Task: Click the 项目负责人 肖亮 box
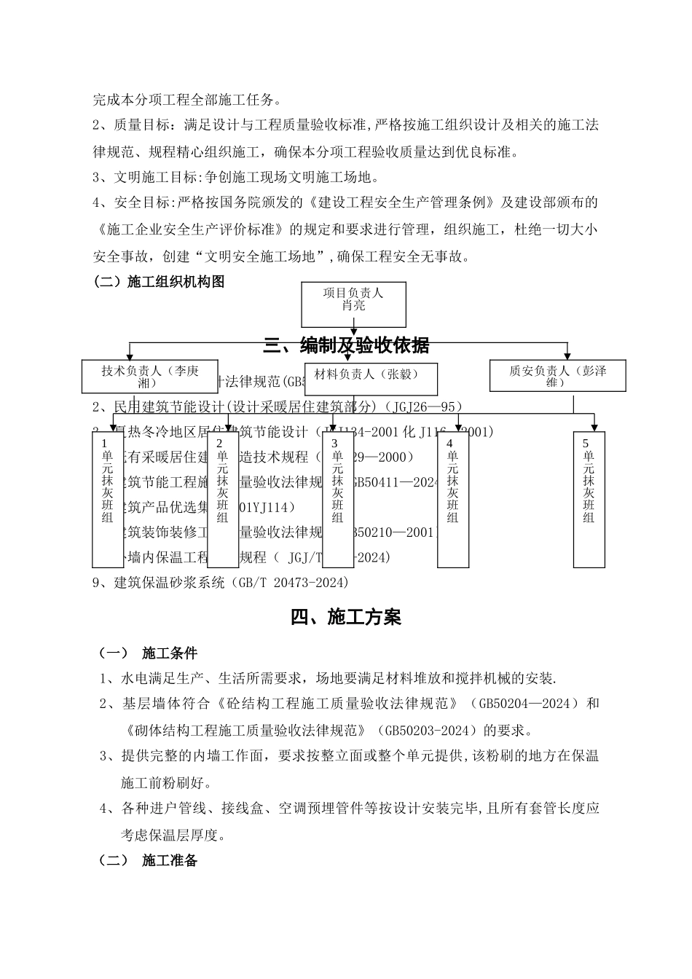353,304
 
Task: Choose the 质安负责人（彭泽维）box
557,377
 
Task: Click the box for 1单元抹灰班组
108,500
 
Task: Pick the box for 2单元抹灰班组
223,500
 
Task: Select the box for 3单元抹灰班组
337,500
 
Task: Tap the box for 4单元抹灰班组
452,500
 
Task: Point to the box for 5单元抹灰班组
589,500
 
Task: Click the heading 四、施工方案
346,618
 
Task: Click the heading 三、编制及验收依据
346,345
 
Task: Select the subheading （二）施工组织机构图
159,282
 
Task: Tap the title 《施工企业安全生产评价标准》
190,229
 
